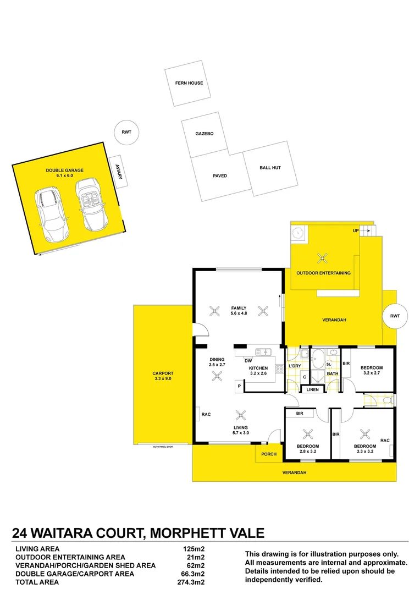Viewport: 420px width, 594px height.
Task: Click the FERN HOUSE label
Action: click(189, 83)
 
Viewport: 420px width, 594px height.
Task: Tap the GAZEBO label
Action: click(204, 134)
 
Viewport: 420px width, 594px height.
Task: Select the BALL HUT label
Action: click(270, 167)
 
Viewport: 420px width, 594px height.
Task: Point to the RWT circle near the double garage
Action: click(126, 132)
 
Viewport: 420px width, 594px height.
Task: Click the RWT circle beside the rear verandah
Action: click(394, 316)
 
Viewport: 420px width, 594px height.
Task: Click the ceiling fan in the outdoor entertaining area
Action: click(322, 257)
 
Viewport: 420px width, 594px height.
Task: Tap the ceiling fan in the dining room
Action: click(217, 376)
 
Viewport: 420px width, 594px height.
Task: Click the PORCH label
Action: click(269, 454)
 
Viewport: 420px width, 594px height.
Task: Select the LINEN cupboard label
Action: click(313, 389)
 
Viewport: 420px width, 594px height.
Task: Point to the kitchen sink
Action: click(264, 351)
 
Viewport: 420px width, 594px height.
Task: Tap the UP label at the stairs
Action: click(356, 230)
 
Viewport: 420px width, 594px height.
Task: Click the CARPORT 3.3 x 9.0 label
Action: click(163, 376)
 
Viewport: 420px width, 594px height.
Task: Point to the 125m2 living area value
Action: click(193, 549)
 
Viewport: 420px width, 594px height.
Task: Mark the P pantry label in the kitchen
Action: click(239, 387)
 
